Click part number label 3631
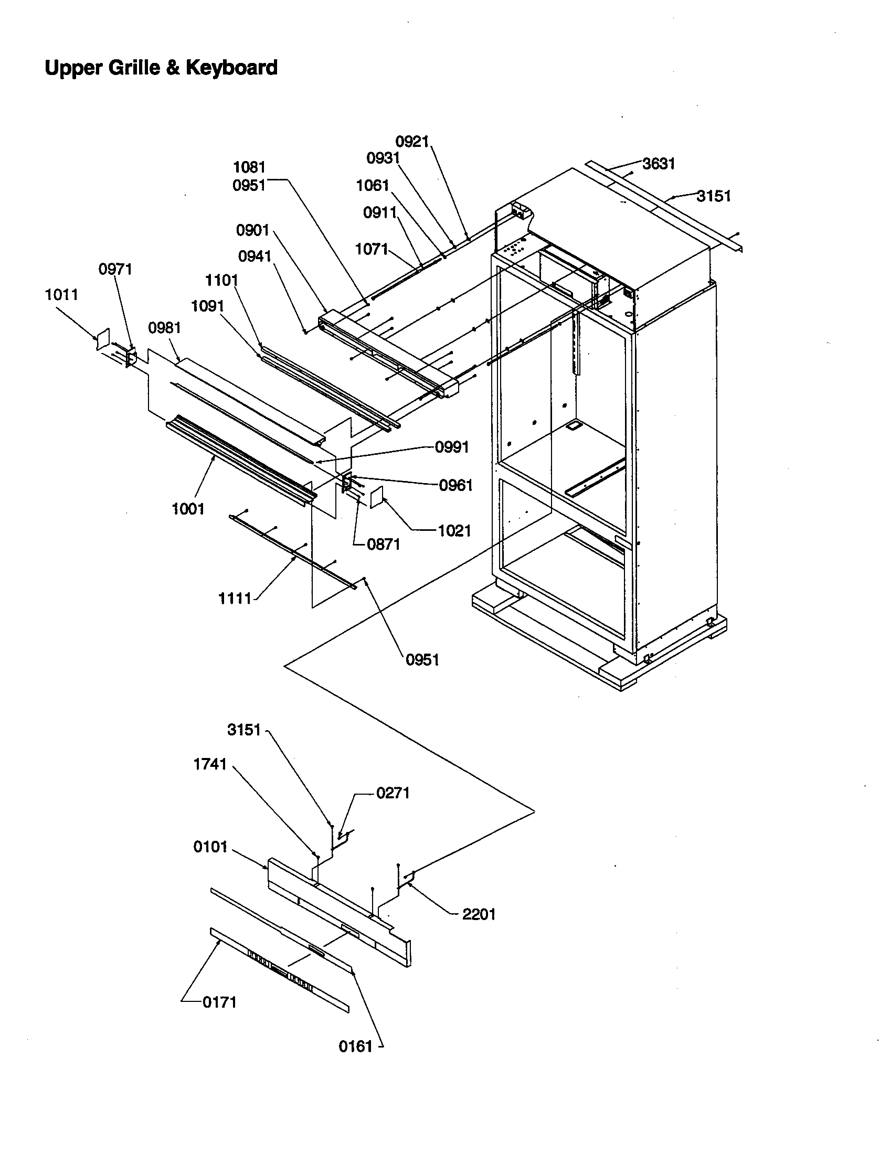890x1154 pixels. pyautogui.click(x=659, y=164)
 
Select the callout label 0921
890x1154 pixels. pyautogui.click(x=412, y=141)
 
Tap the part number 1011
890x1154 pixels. pyautogui.click(x=61, y=294)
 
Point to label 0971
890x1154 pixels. pyautogui.click(x=115, y=269)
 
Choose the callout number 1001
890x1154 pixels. pyautogui.click(x=188, y=509)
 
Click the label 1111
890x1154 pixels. pyautogui.click(x=235, y=598)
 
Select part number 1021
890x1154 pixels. pyautogui.click(x=454, y=530)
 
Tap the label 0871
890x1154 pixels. pyautogui.click(x=384, y=544)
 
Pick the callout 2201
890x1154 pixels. pyautogui.click(x=479, y=915)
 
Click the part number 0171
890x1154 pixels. pyautogui.click(x=219, y=1002)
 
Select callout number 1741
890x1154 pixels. pyautogui.click(x=210, y=764)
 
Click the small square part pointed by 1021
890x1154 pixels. pyautogui.click(x=376, y=498)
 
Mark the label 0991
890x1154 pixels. pyautogui.click(x=452, y=447)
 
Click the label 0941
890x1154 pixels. pyautogui.click(x=255, y=257)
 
